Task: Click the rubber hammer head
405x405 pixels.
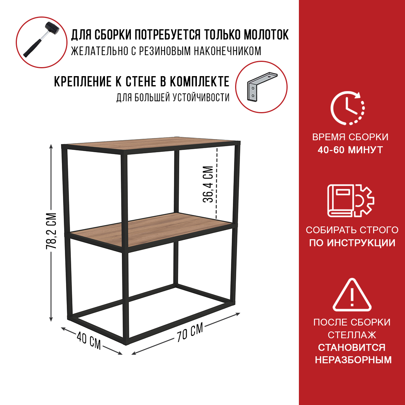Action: [x=52, y=28]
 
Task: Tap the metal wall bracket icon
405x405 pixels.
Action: [x=262, y=87]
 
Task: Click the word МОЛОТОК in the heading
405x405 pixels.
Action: [x=266, y=34]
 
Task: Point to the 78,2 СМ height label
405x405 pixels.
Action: [x=51, y=231]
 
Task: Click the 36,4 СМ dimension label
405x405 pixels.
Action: [x=208, y=184]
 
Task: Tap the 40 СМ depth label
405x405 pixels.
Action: [x=88, y=340]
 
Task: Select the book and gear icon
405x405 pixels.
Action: [x=351, y=200]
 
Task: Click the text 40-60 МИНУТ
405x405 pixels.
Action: [x=350, y=150]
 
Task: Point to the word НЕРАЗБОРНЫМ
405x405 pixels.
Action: [x=353, y=360]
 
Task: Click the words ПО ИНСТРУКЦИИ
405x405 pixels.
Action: [x=352, y=243]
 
